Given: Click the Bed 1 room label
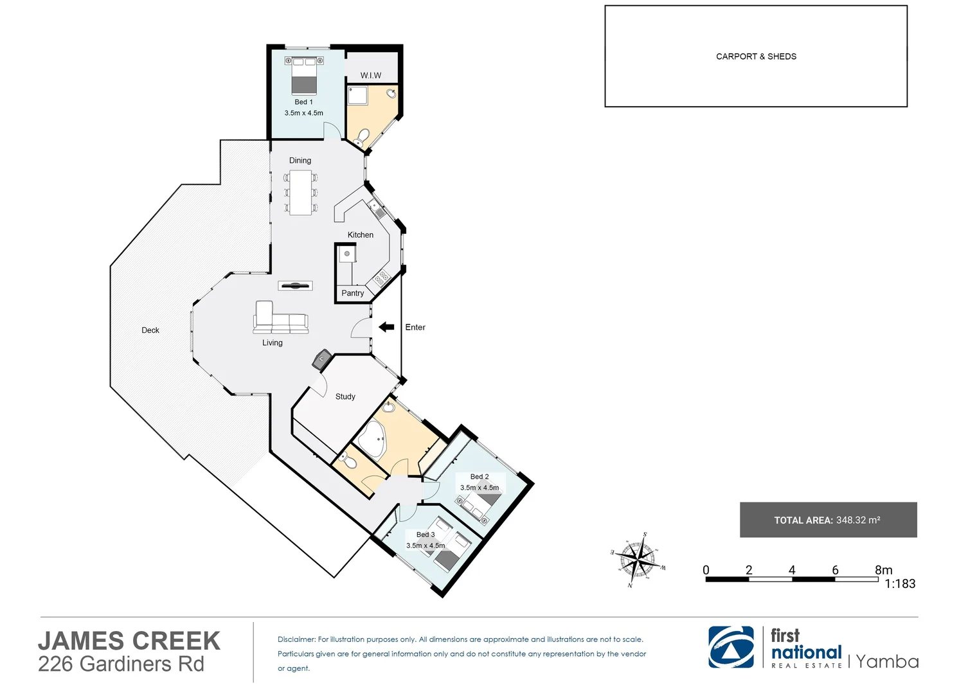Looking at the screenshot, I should (303, 102).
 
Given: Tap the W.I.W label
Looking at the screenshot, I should (371, 75).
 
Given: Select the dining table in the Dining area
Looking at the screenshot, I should (300, 192).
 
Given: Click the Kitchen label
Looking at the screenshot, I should (361, 235).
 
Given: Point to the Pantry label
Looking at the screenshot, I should (352, 293).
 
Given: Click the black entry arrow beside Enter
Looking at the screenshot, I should (386, 327).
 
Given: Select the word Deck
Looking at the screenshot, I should (150, 330).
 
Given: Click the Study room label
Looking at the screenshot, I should (345, 396).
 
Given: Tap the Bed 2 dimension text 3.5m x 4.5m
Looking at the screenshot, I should (480, 488).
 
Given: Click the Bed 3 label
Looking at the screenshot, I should (426, 535).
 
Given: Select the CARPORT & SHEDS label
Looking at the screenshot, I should (756, 57).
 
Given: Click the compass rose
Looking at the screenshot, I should (638, 559).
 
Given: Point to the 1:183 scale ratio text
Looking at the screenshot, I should (900, 584).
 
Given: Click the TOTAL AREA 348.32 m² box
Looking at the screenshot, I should (828, 520).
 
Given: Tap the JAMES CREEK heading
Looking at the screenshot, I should (129, 641).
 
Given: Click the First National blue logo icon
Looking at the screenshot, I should (731, 647).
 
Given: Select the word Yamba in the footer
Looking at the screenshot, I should (887, 662).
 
